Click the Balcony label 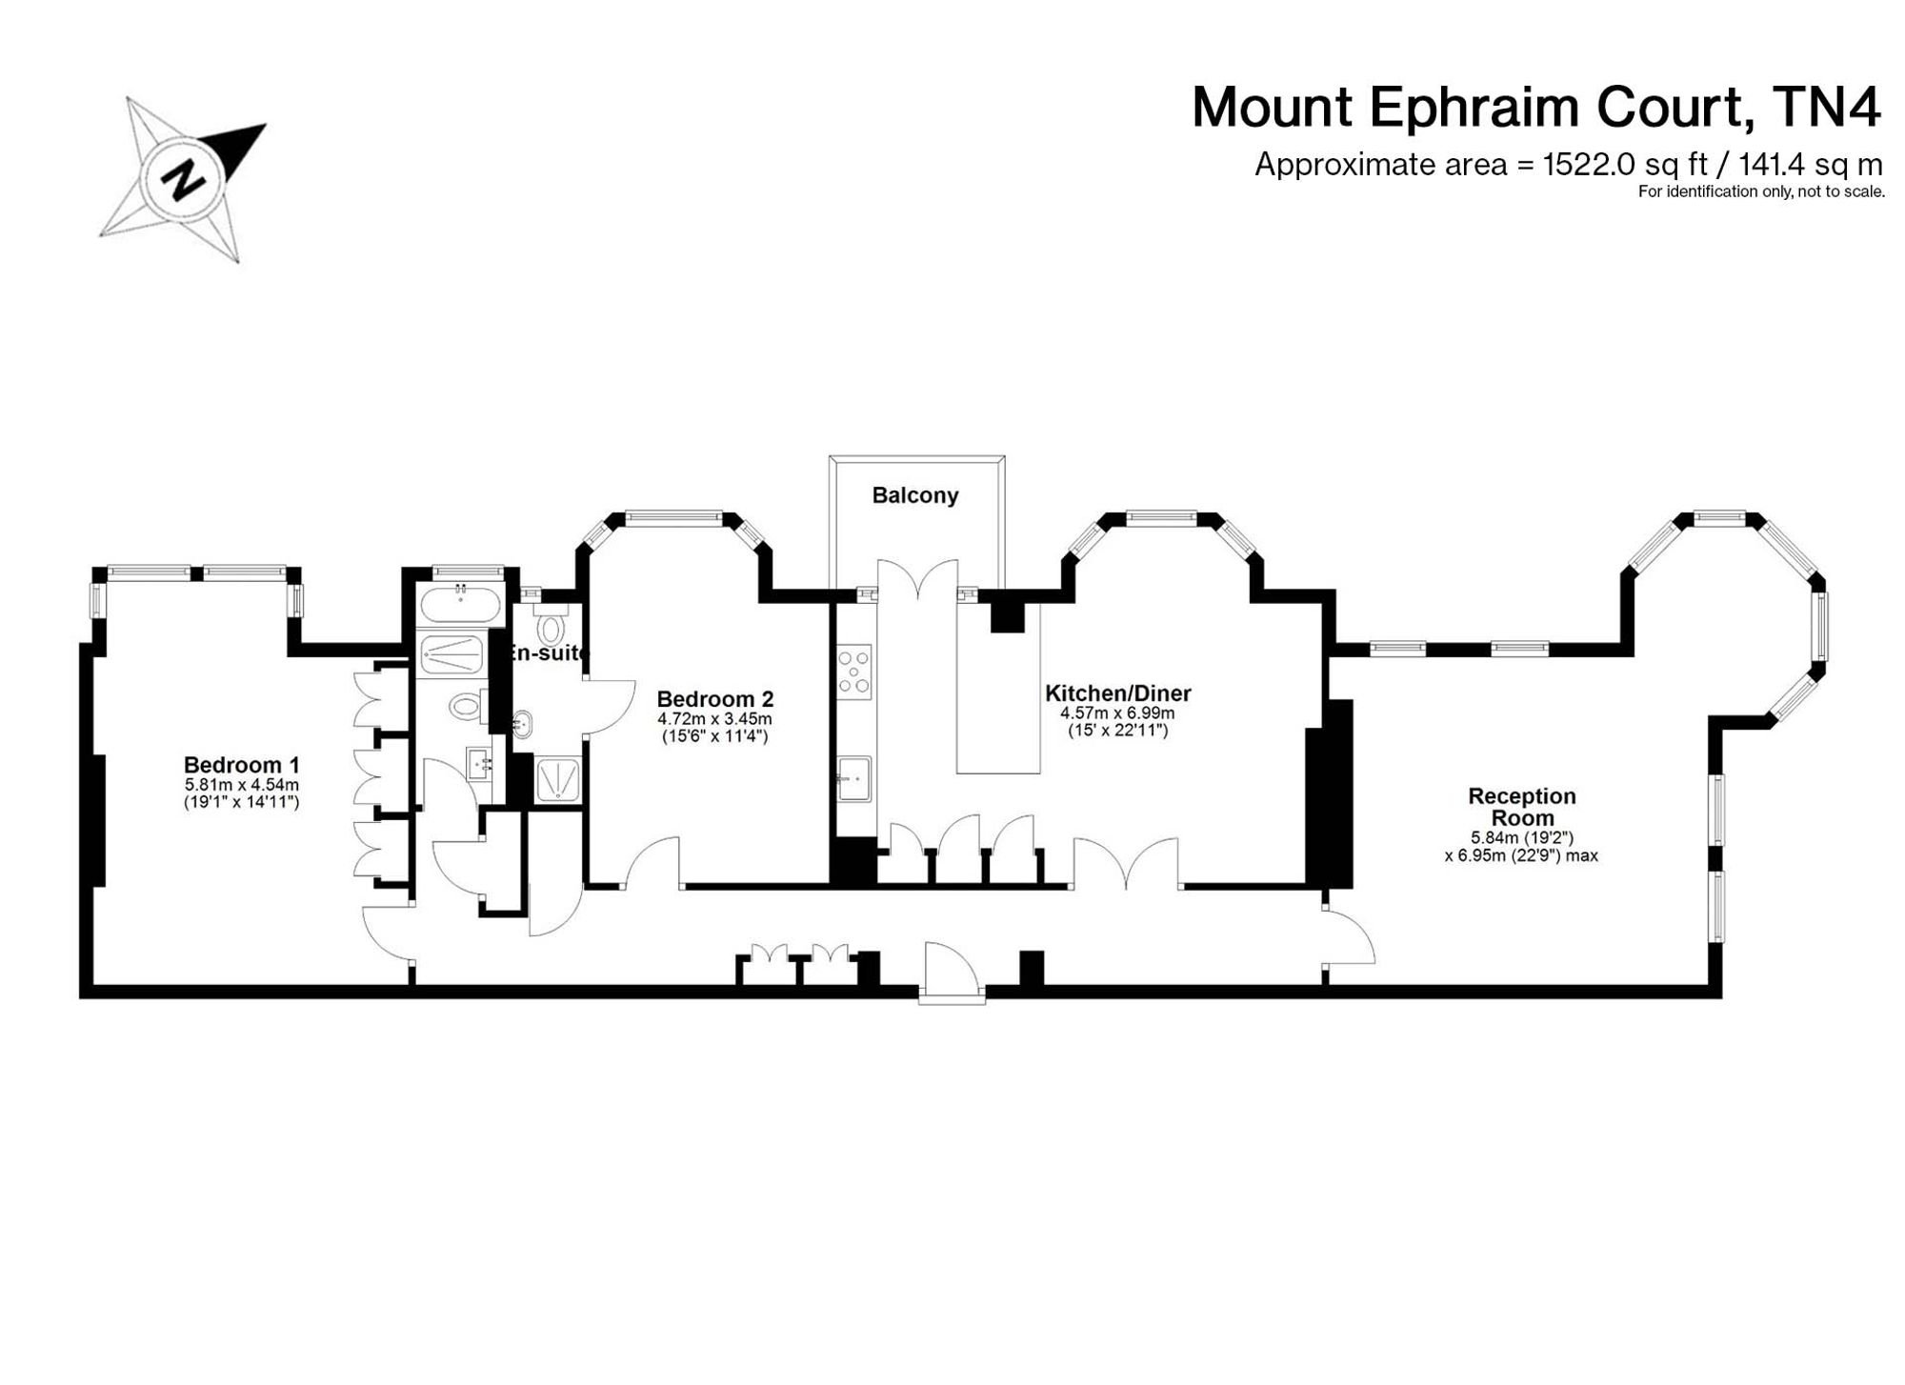(914, 495)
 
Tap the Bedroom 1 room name (241, 765)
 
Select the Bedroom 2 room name (714, 699)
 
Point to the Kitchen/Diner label (1117, 693)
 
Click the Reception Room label (1522, 807)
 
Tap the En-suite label (549, 652)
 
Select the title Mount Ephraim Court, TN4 (1536, 107)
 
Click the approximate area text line (1568, 165)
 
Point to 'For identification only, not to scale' (1761, 191)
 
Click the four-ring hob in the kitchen (853, 672)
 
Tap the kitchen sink (854, 779)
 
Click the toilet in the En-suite (550, 625)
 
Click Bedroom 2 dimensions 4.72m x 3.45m (714, 719)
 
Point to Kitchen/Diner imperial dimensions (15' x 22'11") (1117, 731)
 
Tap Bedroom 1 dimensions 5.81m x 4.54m (241, 785)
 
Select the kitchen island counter (998, 687)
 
